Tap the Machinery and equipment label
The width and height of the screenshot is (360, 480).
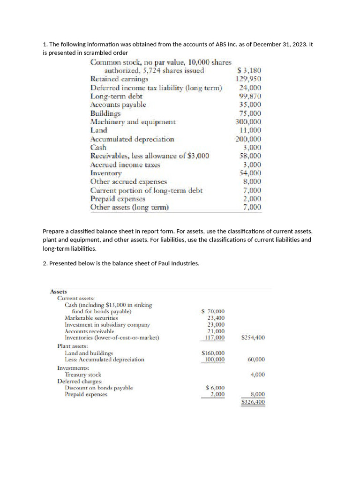pos(133,122)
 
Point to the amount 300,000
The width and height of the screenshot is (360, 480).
pos(248,122)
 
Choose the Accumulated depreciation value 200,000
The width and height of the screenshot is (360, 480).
pos(248,139)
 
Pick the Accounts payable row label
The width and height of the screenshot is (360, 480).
pos(118,105)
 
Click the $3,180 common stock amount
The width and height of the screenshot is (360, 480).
pos(249,71)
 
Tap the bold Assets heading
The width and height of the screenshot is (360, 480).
pos(59,292)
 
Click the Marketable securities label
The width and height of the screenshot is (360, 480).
pos(91,318)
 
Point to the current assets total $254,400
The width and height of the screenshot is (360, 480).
pos(253,337)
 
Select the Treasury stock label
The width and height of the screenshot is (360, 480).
pos(82,375)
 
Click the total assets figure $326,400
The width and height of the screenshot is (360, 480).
pos(253,402)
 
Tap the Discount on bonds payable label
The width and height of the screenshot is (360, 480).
pos(98,388)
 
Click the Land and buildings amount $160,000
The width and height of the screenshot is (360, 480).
pos(213,353)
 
